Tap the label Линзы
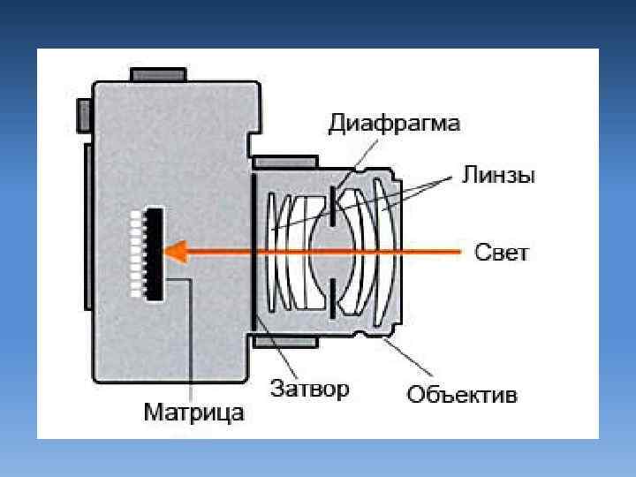(x=498, y=175)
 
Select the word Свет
(x=502, y=254)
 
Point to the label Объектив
(x=462, y=394)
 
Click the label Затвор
(x=309, y=389)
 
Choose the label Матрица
(x=193, y=413)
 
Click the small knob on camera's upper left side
(x=85, y=111)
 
